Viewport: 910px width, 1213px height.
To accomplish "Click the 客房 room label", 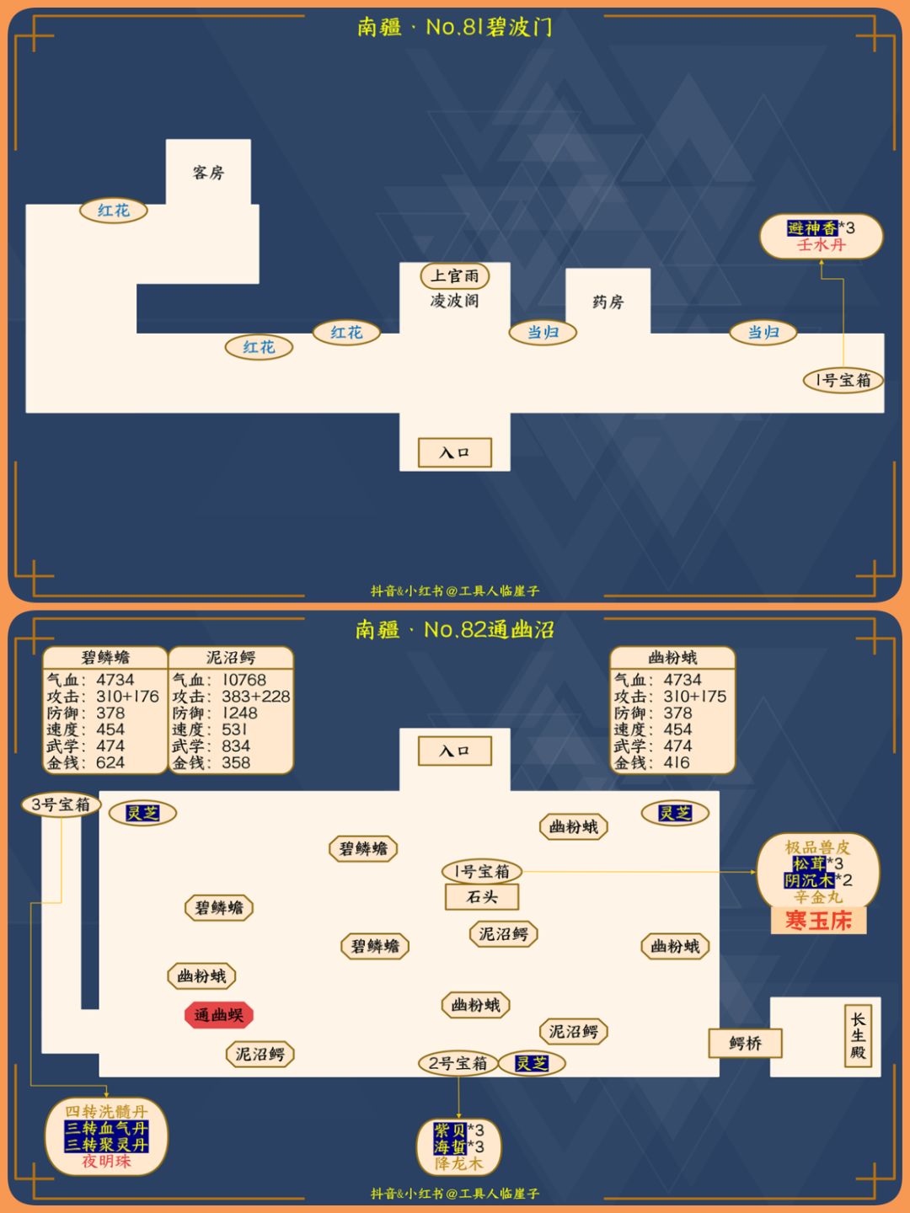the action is (208, 173).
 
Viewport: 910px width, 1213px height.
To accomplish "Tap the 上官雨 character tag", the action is (455, 275).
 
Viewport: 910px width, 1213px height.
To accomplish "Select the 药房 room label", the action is (608, 302).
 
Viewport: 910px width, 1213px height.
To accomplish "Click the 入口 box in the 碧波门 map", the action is (455, 452).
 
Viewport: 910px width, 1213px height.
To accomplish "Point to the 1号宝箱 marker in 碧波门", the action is (843, 380).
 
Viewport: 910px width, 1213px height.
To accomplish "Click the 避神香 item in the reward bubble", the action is (813, 228).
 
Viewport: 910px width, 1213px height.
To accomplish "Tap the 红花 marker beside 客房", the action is (114, 211).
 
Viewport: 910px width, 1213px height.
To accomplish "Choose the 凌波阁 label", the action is (454, 302).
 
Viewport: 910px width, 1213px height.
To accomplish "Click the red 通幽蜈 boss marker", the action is (219, 1014).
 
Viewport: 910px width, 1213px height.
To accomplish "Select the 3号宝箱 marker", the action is (61, 804).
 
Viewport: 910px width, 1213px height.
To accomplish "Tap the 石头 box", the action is (482, 896).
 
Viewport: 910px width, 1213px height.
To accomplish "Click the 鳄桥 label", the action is (746, 1044).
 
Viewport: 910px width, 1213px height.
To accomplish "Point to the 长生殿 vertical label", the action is (858, 1035).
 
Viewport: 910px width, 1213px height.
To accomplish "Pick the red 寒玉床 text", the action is (818, 921).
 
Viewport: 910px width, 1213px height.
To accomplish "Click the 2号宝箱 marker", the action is (458, 1063).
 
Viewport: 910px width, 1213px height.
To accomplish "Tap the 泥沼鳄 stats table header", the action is (231, 658).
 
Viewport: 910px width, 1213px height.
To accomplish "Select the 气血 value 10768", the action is (244, 680).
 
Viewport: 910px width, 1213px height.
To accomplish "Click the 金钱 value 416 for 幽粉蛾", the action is (677, 762).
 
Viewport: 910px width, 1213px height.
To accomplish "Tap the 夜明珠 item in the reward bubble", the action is (106, 1161).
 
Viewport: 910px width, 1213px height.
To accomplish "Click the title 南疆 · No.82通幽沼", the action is (454, 629).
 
